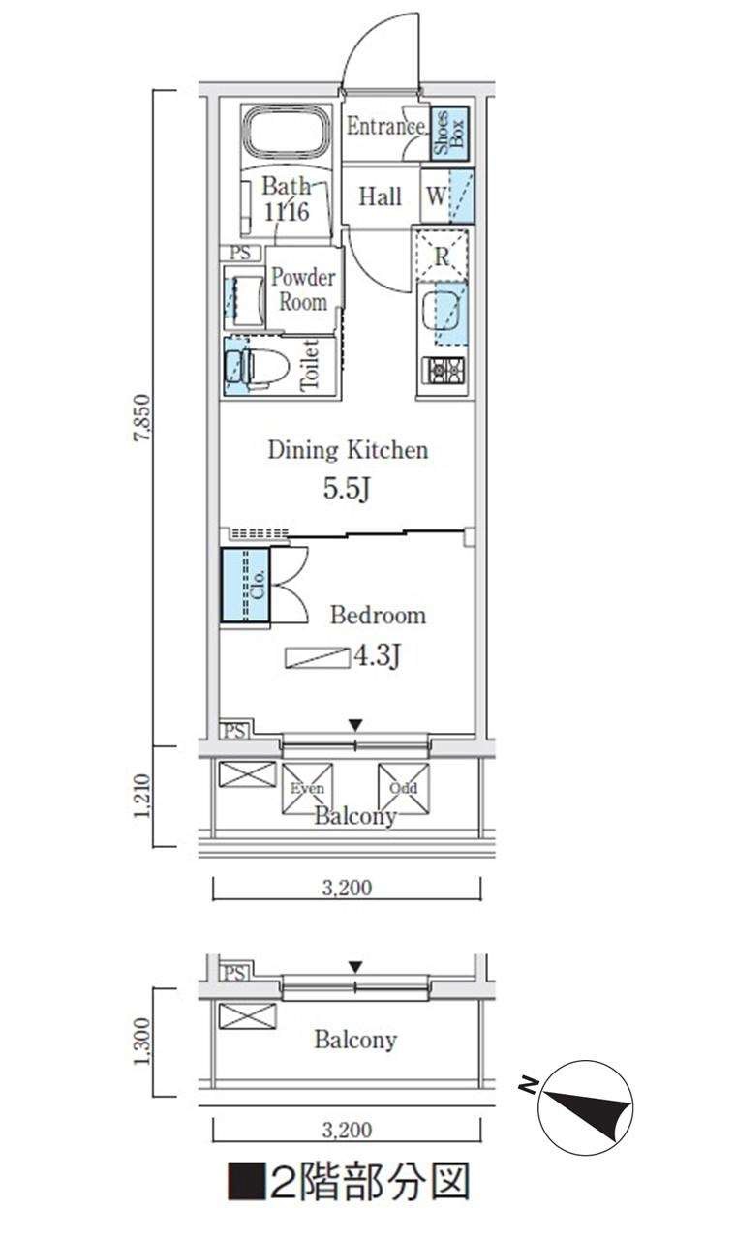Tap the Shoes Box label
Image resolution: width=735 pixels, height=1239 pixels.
449,133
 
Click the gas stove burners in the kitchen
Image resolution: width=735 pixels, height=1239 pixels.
444,370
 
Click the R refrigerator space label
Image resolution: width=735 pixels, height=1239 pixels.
442,257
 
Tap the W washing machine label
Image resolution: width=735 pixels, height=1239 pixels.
436,196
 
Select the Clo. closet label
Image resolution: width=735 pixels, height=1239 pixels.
258,585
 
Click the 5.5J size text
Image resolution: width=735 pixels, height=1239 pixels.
347,489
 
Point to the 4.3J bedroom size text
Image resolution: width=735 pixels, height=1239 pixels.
377,656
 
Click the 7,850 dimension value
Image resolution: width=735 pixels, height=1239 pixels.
141,417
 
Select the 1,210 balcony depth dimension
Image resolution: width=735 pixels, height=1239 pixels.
141,797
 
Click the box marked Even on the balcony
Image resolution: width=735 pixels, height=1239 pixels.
307,789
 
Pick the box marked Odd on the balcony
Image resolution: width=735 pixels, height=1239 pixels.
404,789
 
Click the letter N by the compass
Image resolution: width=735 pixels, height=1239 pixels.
529,1085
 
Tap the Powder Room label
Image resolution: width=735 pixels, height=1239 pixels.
303,289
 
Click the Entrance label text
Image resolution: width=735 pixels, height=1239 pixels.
385,127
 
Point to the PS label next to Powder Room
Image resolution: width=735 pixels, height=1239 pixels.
240,254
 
